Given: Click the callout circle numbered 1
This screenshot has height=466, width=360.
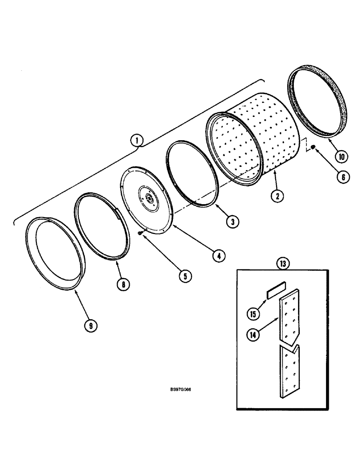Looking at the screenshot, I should pos(136,139).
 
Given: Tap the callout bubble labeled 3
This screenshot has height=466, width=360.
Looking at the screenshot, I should pos(230,222).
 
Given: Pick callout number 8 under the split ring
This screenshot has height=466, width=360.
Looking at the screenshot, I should pos(123,284).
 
